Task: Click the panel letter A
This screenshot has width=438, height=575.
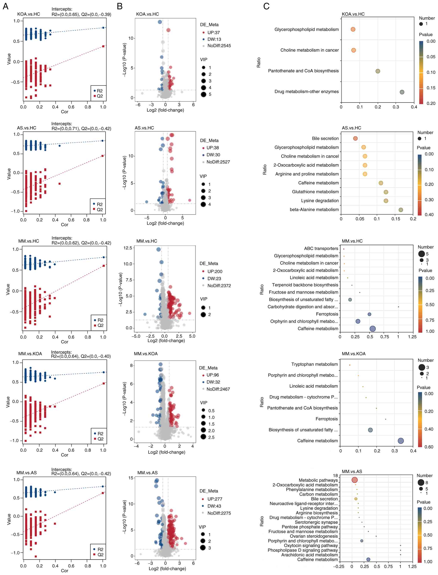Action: tap(5, 6)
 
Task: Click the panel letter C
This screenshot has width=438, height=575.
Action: tap(266, 6)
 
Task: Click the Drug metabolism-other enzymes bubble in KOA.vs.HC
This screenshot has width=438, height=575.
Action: tap(402, 92)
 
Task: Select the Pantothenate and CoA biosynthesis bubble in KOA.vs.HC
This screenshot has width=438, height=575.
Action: tap(377, 71)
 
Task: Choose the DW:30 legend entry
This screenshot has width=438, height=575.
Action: tap(213, 155)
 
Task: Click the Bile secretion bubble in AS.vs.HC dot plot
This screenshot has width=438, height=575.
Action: tap(355, 138)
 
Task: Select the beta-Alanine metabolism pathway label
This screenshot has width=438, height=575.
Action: tap(314, 209)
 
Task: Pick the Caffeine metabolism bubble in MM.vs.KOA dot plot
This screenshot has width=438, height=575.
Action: tap(401, 441)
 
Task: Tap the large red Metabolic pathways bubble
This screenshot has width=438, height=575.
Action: tap(354, 480)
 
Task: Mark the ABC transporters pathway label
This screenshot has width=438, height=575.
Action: tap(321, 249)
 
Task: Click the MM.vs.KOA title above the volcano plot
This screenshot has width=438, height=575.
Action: tap(146, 354)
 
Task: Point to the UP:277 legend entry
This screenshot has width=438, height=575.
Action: tap(214, 499)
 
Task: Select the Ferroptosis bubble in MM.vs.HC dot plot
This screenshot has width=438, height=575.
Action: tap(369, 314)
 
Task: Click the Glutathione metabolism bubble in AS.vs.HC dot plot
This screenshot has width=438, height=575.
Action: tap(386, 192)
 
